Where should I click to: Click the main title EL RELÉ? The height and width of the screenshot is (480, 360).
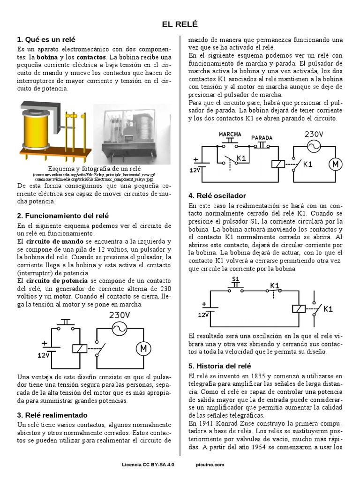click(x=180, y=24)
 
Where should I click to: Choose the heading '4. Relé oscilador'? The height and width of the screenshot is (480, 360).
click(x=217, y=195)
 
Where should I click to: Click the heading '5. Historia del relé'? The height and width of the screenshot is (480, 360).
click(x=220, y=366)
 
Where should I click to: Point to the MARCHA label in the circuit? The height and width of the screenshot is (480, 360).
click(x=230, y=134)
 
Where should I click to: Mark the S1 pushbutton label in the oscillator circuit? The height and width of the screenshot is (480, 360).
click(x=236, y=279)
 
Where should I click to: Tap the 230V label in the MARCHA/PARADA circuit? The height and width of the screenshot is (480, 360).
click(x=315, y=134)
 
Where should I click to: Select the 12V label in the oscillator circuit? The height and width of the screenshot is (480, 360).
click(x=203, y=315)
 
